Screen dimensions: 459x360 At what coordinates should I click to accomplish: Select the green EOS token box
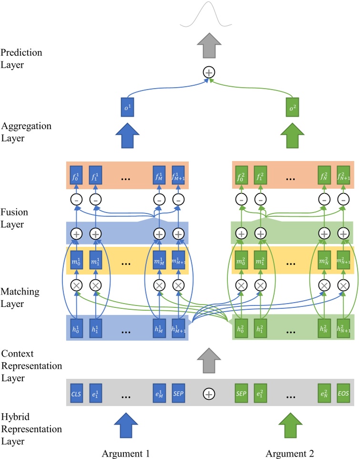pyautogui.click(x=343, y=394)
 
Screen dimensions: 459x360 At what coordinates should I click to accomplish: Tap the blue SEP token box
pyautogui.click(x=178, y=394)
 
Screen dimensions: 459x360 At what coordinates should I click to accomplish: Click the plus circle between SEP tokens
pyautogui.click(x=208, y=394)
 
